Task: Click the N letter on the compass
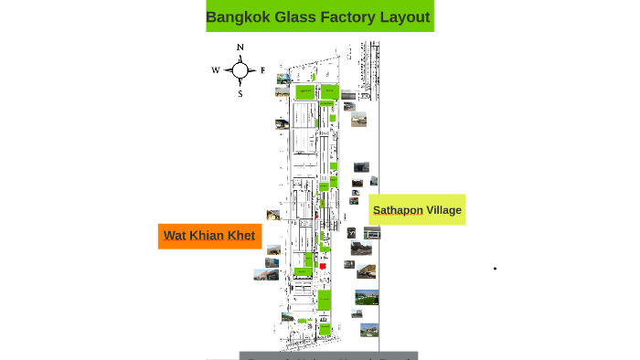pos(240,48)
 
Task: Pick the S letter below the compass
pos(240,93)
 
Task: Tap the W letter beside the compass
pos(216,70)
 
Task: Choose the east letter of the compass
pos(262,70)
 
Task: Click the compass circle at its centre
pos(240,70)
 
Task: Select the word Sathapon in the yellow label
pos(398,210)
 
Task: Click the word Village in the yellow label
pos(444,210)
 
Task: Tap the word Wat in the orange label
pos(175,236)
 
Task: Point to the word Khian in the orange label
pos(208,236)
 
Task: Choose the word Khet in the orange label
pos(241,236)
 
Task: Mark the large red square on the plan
pos(323,265)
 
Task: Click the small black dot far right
pos(495,269)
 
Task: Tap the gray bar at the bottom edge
pos(328,355)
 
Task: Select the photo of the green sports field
pos(367,297)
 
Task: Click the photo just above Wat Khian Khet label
pos(272,216)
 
